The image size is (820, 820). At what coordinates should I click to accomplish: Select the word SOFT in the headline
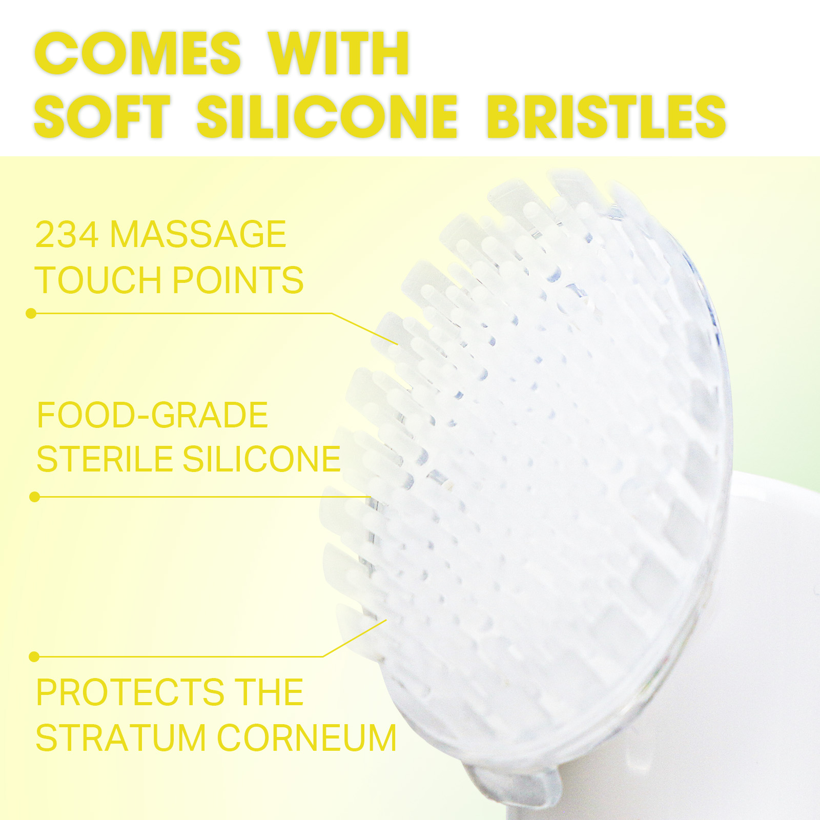(102, 116)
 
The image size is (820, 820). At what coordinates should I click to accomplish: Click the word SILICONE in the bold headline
(327, 116)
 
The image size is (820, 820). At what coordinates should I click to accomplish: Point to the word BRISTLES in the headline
(606, 116)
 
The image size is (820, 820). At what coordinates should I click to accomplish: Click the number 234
(67, 234)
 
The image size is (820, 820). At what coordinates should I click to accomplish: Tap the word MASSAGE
(198, 234)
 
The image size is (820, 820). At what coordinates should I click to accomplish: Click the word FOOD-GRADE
(152, 415)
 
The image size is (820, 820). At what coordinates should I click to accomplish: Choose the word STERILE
(104, 459)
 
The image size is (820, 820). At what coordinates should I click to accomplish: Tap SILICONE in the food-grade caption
(261, 459)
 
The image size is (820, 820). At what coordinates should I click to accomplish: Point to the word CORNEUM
(307, 738)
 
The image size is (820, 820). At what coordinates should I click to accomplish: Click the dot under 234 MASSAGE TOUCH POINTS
(31, 313)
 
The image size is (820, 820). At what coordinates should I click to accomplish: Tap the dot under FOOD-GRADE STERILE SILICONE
(35, 497)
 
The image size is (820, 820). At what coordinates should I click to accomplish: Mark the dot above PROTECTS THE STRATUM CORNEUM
(34, 657)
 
